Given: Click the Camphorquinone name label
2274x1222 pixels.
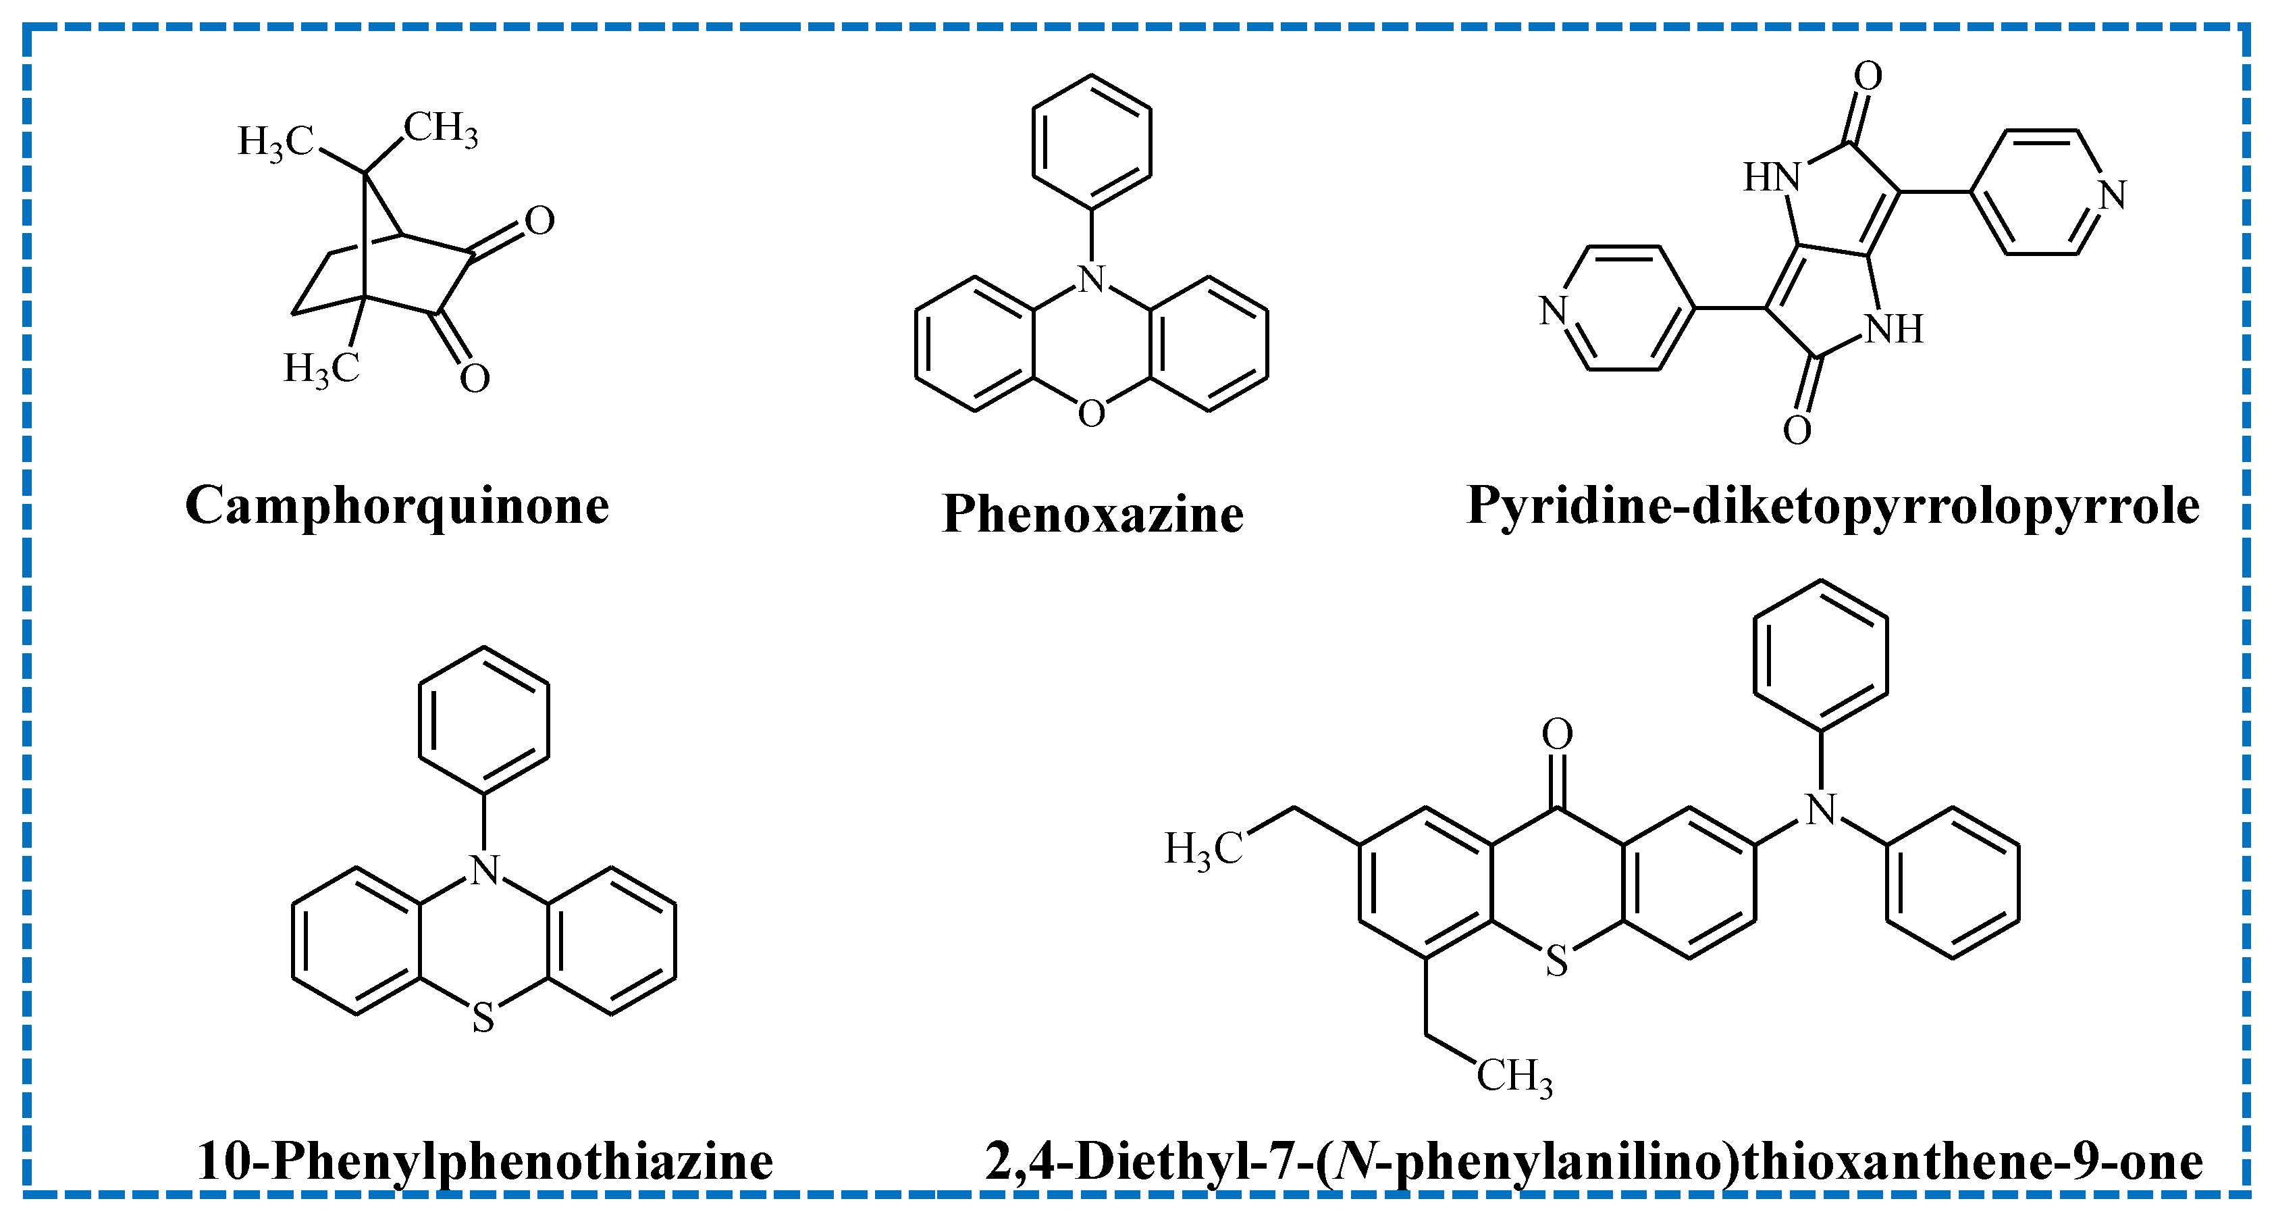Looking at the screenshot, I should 397,507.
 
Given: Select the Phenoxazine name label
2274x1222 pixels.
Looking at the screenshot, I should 1093,514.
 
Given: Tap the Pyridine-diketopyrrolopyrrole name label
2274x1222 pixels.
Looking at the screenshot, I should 1832,507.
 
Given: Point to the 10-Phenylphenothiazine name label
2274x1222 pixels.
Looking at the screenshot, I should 485,1161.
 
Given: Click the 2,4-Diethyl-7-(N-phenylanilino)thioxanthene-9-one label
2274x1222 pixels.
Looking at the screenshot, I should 1593,1161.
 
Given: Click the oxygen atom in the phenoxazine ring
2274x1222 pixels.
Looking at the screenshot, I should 1091,413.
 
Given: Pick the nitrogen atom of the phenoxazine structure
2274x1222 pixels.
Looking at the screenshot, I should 1092,279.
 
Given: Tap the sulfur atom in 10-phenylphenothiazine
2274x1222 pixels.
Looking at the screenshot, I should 483,1019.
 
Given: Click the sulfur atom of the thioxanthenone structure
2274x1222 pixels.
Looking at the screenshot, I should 1557,961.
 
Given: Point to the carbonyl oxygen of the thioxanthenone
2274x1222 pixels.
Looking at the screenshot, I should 1557,734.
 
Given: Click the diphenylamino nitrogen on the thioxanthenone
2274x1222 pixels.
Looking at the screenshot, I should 1821,810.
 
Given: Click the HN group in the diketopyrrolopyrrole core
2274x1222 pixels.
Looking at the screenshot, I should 1771,178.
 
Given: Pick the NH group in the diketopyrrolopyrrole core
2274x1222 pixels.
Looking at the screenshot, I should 1895,330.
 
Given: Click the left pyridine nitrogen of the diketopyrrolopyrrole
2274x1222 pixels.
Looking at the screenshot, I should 1553,311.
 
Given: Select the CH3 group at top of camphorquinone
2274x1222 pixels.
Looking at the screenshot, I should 442,129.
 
